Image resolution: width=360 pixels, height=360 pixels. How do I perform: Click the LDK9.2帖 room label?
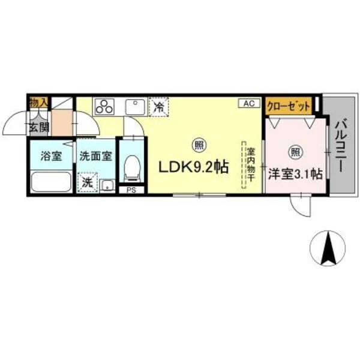(x=193, y=169)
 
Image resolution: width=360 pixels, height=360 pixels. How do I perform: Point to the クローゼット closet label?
(x=289, y=106)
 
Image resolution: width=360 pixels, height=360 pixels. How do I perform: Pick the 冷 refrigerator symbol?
(x=158, y=108)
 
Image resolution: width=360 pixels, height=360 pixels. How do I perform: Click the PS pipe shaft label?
(x=131, y=191)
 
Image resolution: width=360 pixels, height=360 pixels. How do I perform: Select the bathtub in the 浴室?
(x=50, y=181)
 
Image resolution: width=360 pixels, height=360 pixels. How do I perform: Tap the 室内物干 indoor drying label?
(x=251, y=165)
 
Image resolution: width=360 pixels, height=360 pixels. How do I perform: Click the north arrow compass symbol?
(x=328, y=248)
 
